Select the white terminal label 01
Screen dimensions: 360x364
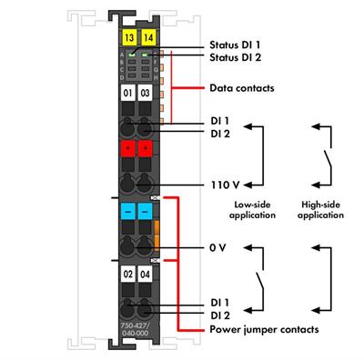click(x=128, y=94)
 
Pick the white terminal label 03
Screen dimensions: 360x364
click(x=146, y=94)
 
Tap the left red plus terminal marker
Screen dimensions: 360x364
click(x=128, y=149)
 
